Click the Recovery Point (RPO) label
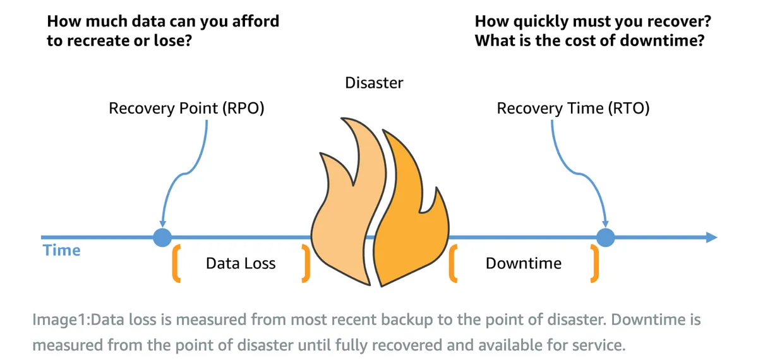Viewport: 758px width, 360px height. coord(186,109)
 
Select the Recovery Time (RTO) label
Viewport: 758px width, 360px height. coord(573,109)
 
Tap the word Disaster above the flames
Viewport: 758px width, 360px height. coord(374,82)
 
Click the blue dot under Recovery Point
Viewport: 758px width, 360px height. coord(163,237)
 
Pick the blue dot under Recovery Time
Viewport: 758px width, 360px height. coord(606,237)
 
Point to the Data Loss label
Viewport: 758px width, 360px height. coord(241,263)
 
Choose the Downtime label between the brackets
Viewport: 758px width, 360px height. coord(523,263)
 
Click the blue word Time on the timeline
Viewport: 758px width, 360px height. coord(62,251)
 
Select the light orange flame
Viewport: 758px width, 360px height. coord(344,208)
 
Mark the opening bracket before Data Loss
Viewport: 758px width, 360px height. coord(176,263)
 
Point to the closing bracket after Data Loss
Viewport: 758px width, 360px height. coord(306,263)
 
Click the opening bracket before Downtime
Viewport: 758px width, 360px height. coord(453,263)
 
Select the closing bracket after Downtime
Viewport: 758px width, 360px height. coord(594,263)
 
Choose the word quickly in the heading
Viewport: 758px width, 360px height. coord(549,21)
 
